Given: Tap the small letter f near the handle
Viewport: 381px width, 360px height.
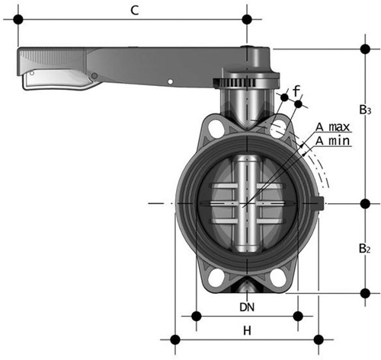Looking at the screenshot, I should (x=296, y=91).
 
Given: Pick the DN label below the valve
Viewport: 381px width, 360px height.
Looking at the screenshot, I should (x=246, y=307).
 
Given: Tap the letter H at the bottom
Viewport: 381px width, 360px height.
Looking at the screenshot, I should (x=246, y=330).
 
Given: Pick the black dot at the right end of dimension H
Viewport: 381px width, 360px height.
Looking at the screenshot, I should (x=316, y=339).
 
